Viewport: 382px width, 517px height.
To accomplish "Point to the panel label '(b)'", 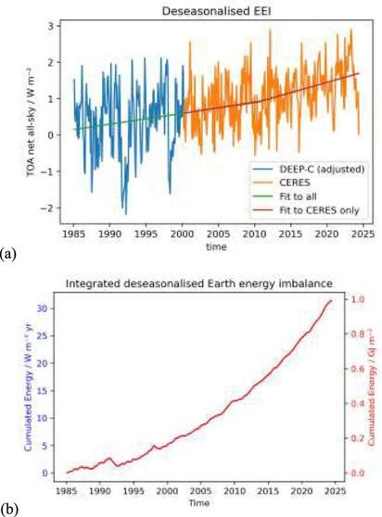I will (x=8, y=510).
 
